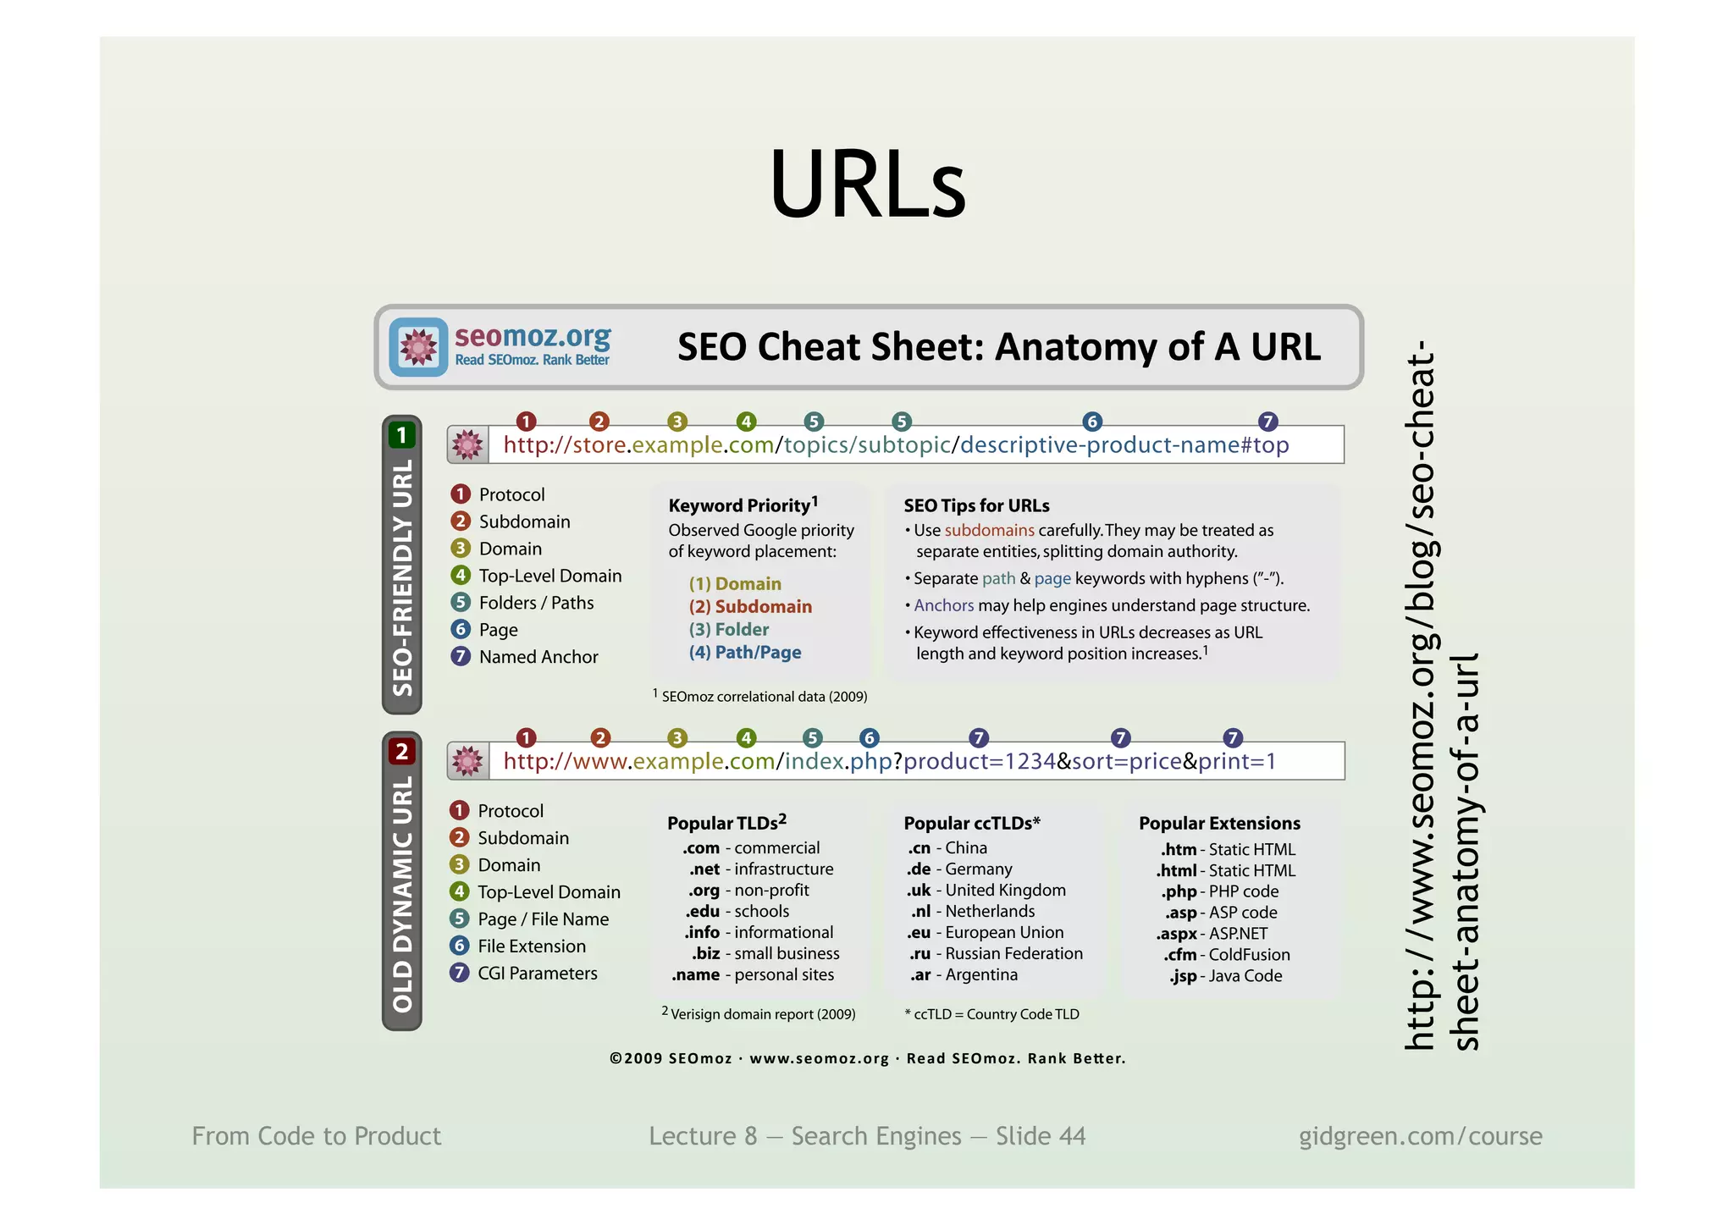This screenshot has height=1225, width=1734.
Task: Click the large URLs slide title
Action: click(867, 185)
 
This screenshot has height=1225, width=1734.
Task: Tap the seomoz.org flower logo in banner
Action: click(418, 347)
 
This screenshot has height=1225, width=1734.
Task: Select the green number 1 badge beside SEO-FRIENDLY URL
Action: click(402, 435)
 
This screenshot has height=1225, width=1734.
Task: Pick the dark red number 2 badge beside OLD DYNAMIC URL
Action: click(402, 751)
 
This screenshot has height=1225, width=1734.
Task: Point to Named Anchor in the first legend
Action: click(538, 657)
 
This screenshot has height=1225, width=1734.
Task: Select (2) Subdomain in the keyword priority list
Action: click(750, 606)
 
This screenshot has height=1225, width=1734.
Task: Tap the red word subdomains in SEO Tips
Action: click(989, 531)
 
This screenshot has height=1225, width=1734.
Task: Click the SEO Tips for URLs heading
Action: click(976, 505)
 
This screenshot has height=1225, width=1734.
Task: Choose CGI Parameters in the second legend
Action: click(537, 974)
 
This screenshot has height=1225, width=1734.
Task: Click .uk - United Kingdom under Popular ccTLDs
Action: click(986, 891)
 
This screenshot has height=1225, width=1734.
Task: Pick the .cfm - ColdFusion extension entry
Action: click(1226, 955)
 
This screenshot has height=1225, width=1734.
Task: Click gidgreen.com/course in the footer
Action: click(1420, 1136)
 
